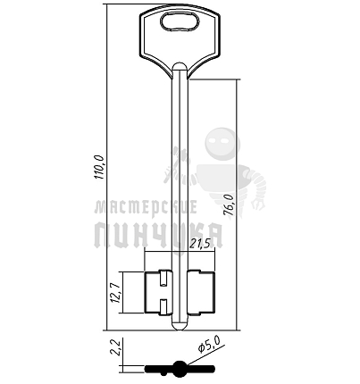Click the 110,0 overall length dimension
click(99, 167)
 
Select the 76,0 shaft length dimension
click(230, 207)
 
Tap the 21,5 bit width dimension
click(202, 244)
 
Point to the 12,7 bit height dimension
click(115, 293)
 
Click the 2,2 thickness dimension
click(115, 347)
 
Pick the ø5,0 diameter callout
click(208, 346)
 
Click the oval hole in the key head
click(180, 21)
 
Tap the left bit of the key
click(158, 292)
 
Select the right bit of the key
click(201, 292)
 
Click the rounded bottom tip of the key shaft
click(180, 326)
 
